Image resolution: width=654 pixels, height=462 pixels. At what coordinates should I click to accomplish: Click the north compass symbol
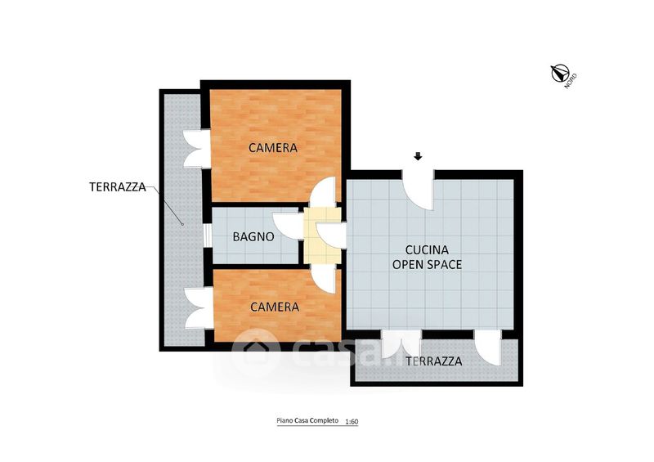pos(560,74)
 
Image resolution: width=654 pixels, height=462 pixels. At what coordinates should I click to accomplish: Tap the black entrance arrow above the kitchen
pos(418,156)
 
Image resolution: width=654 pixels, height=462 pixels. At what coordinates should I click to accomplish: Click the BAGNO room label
pos(253,236)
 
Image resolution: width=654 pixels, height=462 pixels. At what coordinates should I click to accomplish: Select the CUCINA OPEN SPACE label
pos(427,257)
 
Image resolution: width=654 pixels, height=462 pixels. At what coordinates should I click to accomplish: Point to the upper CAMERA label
pos(273,147)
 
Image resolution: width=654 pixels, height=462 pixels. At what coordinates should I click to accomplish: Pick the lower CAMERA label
pos(275,307)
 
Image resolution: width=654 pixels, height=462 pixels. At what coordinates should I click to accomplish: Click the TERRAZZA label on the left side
pos(118,186)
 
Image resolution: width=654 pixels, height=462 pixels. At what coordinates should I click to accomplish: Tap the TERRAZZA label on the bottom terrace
pos(434,361)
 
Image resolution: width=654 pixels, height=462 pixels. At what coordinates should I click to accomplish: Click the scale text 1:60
pos(352,421)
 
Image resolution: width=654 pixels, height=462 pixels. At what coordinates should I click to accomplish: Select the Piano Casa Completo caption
pos(307,420)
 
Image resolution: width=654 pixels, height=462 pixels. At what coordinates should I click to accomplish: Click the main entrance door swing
pos(418,190)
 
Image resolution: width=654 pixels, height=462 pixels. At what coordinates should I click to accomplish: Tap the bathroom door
pos(289,226)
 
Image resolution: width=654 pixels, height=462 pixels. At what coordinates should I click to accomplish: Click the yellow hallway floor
pos(322,235)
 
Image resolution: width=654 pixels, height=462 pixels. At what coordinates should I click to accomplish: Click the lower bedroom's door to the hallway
pos(324,280)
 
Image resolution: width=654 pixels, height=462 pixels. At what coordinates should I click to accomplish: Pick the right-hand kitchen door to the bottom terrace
pos(487,348)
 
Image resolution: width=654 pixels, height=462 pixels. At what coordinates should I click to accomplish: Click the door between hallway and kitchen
pos(331,235)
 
